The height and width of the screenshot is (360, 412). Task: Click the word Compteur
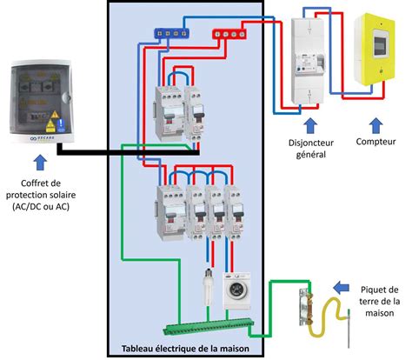(377, 141)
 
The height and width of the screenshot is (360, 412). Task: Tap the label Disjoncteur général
(310, 149)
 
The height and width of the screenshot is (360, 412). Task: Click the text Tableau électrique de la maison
(186, 349)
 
